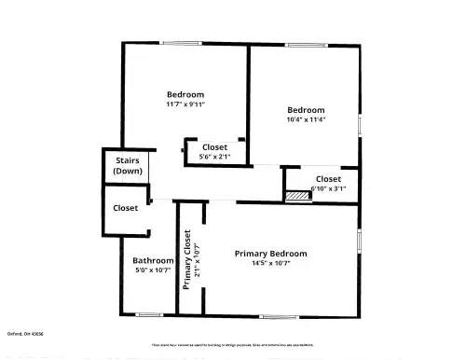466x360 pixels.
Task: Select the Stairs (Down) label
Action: (x=128, y=166)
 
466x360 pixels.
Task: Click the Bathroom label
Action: (x=153, y=260)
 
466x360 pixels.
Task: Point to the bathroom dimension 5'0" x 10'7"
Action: (x=153, y=270)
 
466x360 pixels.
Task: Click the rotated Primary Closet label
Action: (x=187, y=260)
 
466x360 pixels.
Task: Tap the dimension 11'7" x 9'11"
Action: (x=185, y=104)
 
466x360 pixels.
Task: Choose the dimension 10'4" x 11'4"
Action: (x=306, y=118)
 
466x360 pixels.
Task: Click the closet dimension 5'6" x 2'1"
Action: (x=214, y=157)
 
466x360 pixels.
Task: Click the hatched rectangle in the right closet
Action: (x=297, y=196)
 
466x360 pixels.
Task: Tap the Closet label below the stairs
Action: (x=126, y=208)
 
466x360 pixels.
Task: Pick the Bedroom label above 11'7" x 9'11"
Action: (x=185, y=94)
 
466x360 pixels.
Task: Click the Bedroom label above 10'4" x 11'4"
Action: (x=306, y=109)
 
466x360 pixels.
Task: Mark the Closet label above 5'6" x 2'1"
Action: (x=214, y=147)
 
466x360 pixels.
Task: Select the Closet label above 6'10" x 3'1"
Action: (x=328, y=178)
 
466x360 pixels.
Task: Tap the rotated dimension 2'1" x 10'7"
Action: (x=198, y=260)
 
